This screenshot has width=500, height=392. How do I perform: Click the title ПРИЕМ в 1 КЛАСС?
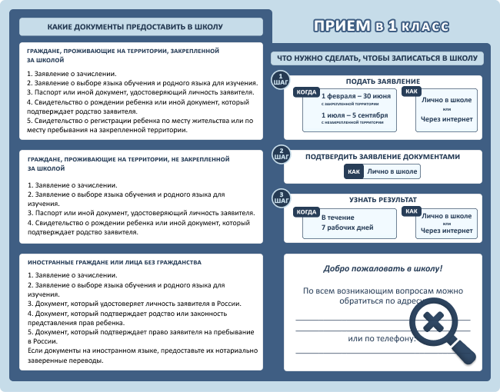[380, 26]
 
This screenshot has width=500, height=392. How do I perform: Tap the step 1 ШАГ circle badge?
[282, 81]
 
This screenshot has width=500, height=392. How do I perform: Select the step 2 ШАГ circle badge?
[282, 154]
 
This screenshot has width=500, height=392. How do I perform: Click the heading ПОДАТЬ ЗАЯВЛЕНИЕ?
[382, 81]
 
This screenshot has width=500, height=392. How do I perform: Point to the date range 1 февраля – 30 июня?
[355, 96]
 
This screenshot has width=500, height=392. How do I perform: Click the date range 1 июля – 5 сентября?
[355, 115]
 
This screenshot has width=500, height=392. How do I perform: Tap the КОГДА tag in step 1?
[307, 92]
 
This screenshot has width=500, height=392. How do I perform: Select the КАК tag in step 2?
[354, 171]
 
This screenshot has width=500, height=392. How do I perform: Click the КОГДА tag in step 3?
[307, 211]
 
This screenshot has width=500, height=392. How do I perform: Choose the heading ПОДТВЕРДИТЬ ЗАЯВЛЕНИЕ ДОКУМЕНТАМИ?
[382, 156]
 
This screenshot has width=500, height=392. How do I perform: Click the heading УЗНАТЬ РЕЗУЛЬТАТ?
[382, 199]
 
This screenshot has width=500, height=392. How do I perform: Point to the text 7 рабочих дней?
[347, 228]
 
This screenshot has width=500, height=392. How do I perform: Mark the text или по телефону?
[381, 338]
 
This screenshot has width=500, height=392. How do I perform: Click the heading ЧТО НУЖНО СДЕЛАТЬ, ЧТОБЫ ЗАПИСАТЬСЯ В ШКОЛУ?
[377, 58]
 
